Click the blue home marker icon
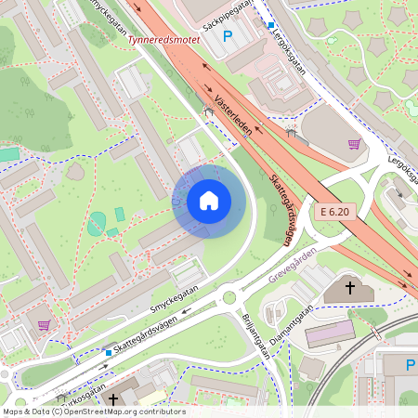pos(209,201)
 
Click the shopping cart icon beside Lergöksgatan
pos(354,144)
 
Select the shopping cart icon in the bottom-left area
pos(44,325)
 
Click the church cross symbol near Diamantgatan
pos(350,288)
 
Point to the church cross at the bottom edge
pos(113,399)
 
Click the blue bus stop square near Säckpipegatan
pos(270,25)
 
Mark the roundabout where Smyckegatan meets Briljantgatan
pos(229,298)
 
